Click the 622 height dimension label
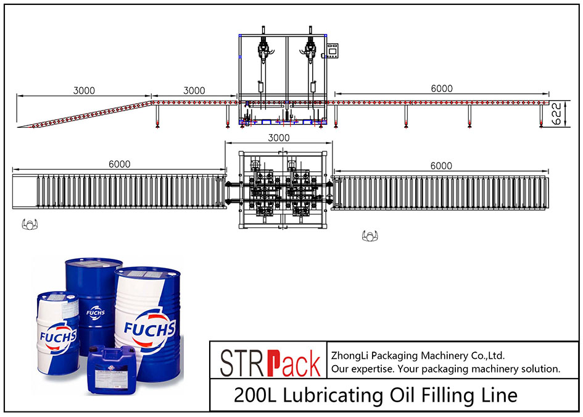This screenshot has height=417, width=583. (556, 114)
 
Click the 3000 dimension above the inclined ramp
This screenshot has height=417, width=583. (84, 90)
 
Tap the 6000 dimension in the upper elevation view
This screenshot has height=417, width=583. (442, 88)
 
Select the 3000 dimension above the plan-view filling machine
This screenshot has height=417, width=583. (279, 138)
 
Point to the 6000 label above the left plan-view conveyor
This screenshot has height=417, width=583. (119, 164)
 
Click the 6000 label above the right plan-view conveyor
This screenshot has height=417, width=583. (441, 166)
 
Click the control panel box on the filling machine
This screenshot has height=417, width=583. (332, 51)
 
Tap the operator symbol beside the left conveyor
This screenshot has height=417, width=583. (30, 224)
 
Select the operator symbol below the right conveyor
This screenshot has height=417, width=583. (370, 235)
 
